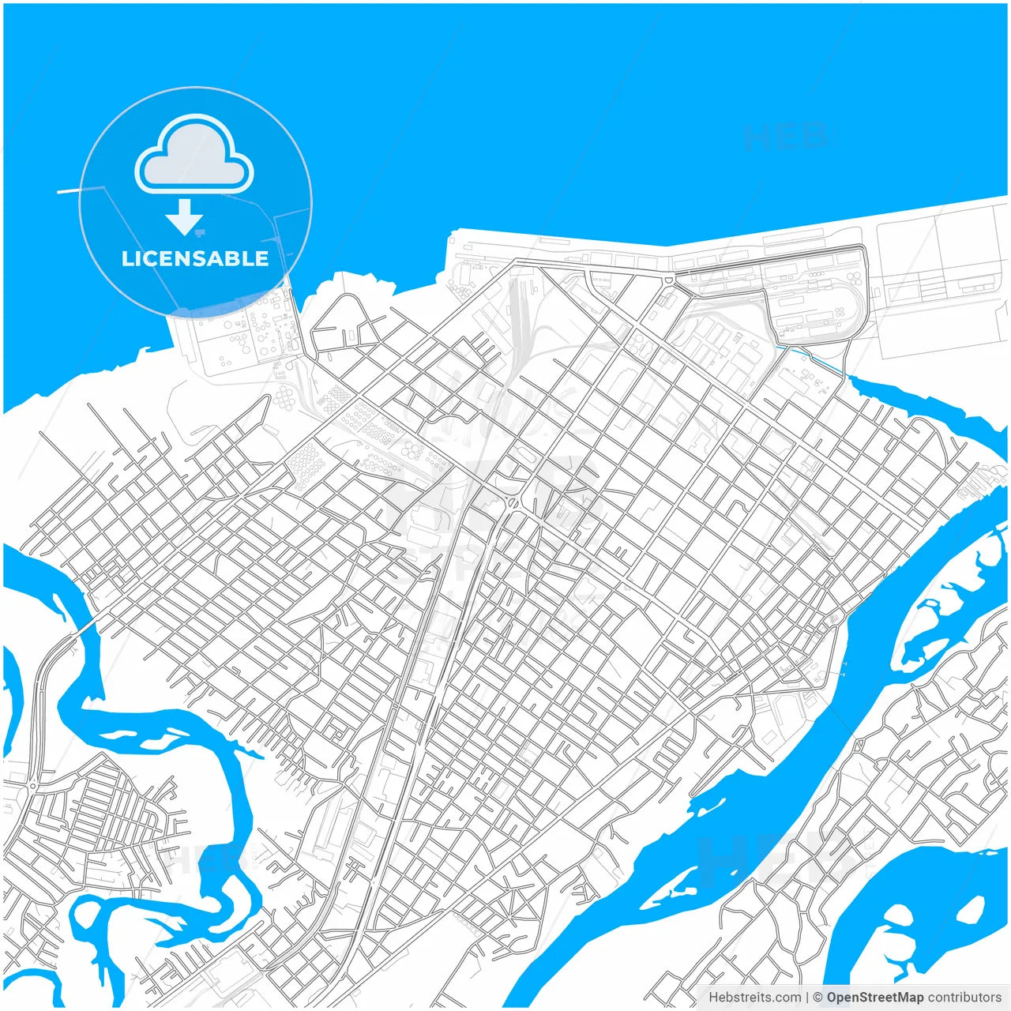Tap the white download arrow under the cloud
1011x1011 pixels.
(185, 217)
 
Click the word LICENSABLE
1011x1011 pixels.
(195, 258)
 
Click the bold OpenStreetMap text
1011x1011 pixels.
(874, 998)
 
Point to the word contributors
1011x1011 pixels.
(964, 998)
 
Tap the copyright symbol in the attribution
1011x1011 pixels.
(817, 998)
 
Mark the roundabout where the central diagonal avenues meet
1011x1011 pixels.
(514, 503)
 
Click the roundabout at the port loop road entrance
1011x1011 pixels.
(669, 280)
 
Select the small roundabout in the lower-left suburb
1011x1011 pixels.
(32, 785)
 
